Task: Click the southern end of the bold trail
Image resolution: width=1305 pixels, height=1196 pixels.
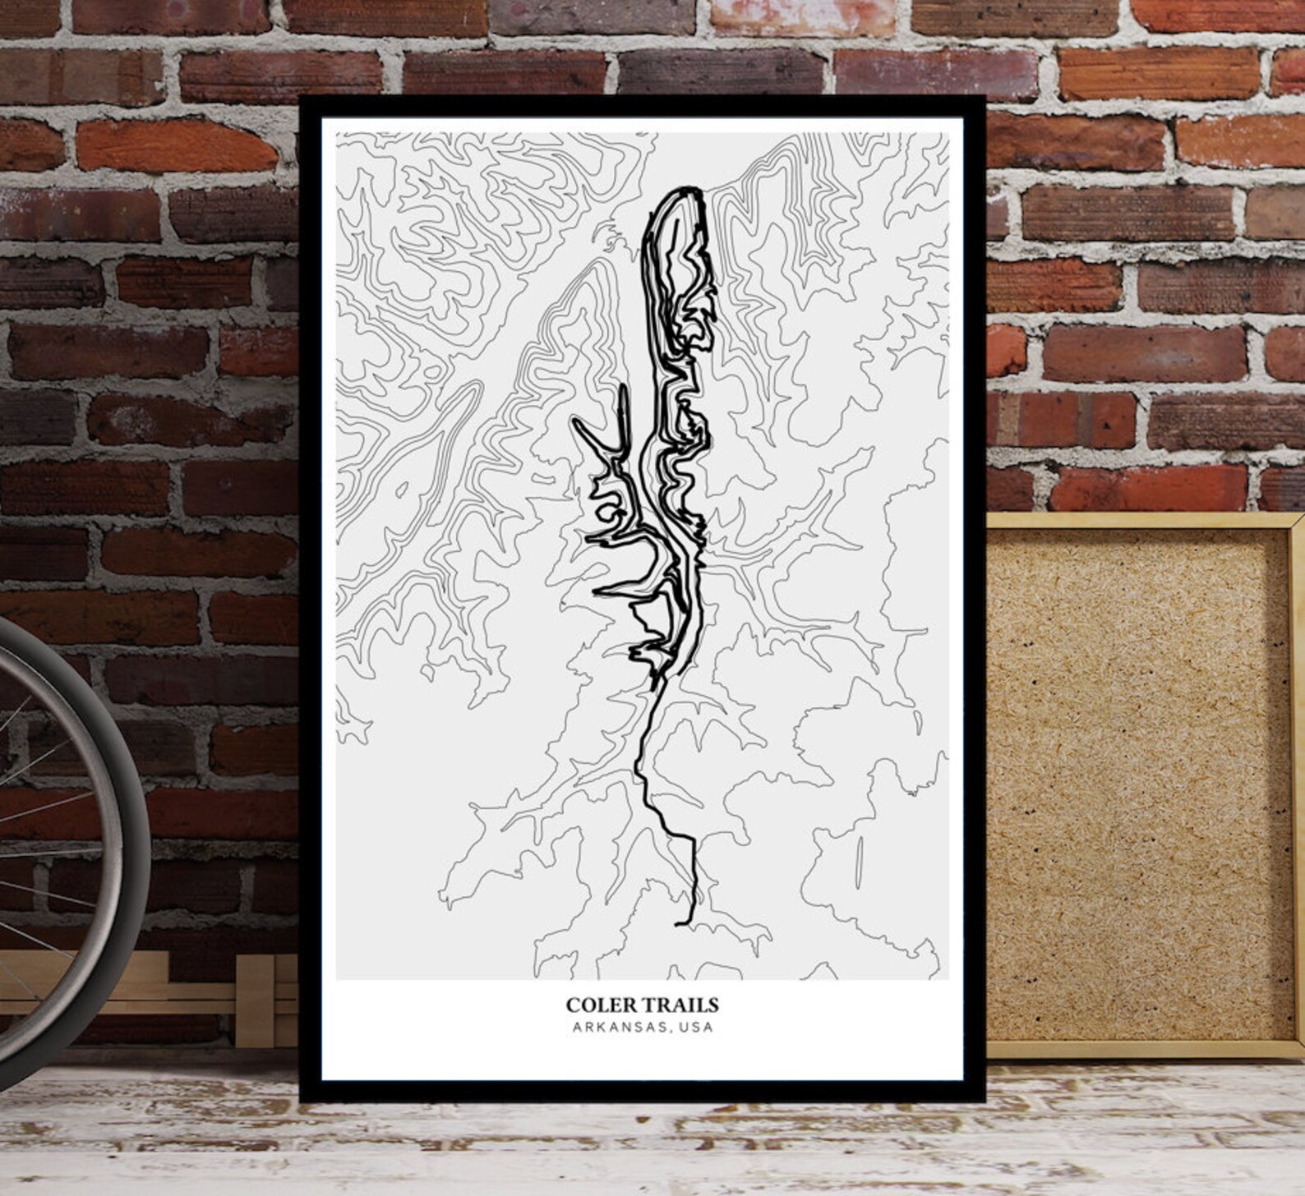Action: point(678,924)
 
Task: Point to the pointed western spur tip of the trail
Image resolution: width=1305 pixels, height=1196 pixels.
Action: point(575,424)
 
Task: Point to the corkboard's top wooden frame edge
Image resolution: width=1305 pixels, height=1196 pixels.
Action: point(1142,521)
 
